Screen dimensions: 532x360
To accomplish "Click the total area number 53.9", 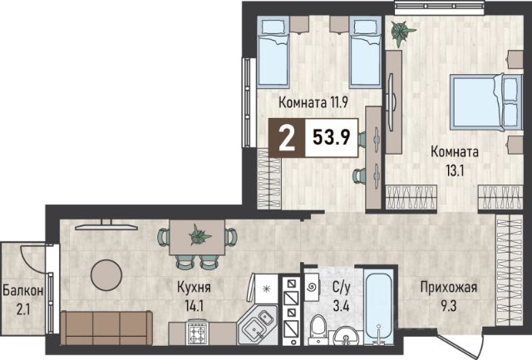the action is point(331,137).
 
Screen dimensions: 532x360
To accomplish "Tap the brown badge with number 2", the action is point(287,138).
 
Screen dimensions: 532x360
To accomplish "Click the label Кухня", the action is point(194,288).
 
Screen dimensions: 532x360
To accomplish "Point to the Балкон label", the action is point(22,290).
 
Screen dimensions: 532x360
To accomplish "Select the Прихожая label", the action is point(449,287).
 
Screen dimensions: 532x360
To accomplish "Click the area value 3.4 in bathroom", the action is point(341,306).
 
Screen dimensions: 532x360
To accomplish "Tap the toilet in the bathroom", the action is point(318,328).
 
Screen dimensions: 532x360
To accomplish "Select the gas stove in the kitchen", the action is point(197,332).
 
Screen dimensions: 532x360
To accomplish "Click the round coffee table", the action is point(106,275).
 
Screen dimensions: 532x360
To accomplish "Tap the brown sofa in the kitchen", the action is point(106,328).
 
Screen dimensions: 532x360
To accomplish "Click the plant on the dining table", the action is point(199,235).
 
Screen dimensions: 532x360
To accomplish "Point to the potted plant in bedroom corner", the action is point(401,32).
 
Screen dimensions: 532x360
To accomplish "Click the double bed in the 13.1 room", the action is point(485,101).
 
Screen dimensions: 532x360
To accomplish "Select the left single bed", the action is point(273,52).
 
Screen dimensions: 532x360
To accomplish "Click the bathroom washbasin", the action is point(346,336).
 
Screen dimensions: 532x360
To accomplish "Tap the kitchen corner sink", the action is point(259,325).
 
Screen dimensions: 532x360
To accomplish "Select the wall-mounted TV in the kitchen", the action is point(106,225).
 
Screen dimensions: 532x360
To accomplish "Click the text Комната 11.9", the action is point(313,101).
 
